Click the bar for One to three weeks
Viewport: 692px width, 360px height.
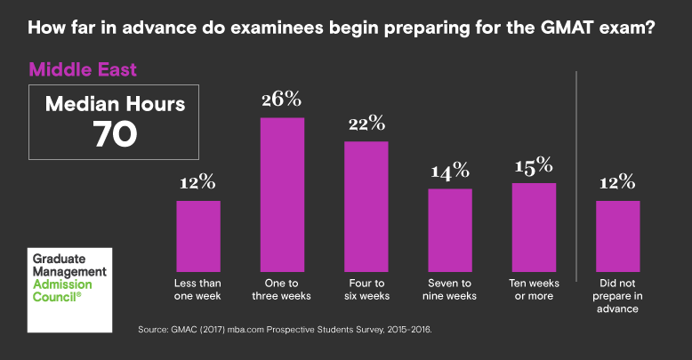point(282,194)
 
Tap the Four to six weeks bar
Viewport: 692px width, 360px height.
point(366,206)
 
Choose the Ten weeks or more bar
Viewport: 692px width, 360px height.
point(534,227)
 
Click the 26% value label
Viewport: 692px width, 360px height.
point(282,99)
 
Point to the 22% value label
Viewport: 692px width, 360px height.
point(366,123)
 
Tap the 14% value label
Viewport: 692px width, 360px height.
point(450,171)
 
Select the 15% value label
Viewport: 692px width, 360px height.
point(534,164)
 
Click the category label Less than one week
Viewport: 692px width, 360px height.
point(197,290)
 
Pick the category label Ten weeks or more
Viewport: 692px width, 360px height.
point(534,290)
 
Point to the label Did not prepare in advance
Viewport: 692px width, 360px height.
point(617,296)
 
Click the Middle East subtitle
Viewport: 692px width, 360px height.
point(83,68)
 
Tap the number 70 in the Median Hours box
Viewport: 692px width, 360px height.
point(116,133)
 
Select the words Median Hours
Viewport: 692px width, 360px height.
point(116,104)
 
